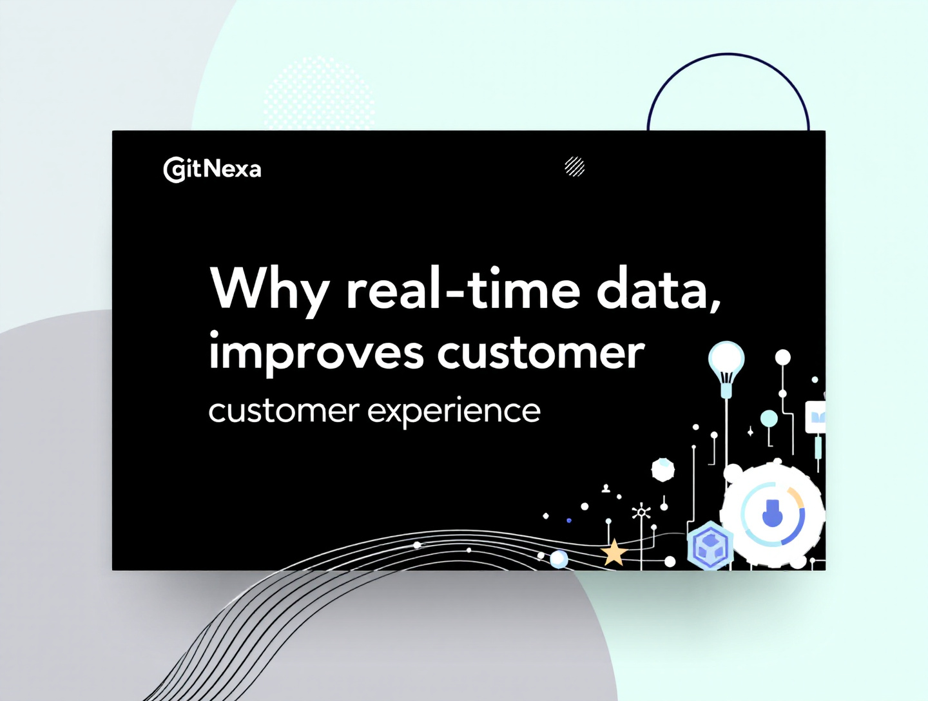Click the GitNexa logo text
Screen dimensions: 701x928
coord(212,169)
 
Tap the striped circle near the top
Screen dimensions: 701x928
coord(574,166)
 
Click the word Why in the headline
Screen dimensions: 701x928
coord(269,289)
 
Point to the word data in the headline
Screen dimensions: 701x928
coord(652,289)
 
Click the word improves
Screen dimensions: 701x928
coord(316,353)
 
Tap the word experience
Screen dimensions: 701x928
coord(454,411)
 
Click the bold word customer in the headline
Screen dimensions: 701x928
coord(541,353)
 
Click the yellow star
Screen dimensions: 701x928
coord(614,553)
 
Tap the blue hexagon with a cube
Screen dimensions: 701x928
coord(710,546)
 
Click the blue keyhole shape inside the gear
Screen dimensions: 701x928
coord(772,514)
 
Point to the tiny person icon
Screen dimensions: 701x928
coord(606,488)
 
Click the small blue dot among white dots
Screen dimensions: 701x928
coord(568,520)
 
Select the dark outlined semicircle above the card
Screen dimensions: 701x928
coord(728,84)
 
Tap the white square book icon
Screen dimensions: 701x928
coord(816,417)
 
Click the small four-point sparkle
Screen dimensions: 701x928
coord(750,432)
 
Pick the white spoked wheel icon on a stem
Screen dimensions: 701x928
coord(641,512)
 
